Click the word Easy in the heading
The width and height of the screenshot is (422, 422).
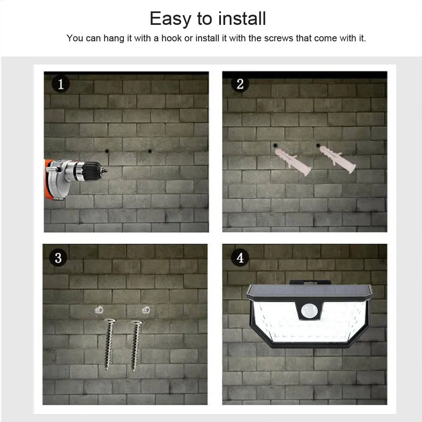(x=170, y=19)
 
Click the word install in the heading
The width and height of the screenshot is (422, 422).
(x=242, y=19)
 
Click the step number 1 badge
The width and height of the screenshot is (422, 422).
(x=61, y=84)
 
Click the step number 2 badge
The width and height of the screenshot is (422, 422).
(x=240, y=84)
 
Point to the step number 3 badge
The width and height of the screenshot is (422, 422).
(x=58, y=257)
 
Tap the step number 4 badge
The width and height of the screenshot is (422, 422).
(x=240, y=257)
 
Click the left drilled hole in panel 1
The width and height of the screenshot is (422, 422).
(x=107, y=151)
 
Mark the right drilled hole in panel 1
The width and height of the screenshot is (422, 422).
(x=150, y=151)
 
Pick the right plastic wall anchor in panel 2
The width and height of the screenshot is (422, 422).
(x=338, y=160)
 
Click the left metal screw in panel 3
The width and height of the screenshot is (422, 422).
(x=109, y=344)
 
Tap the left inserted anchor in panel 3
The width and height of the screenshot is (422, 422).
(x=99, y=310)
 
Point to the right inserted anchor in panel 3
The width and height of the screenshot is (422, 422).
(x=146, y=310)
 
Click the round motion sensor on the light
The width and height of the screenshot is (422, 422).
(x=309, y=311)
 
